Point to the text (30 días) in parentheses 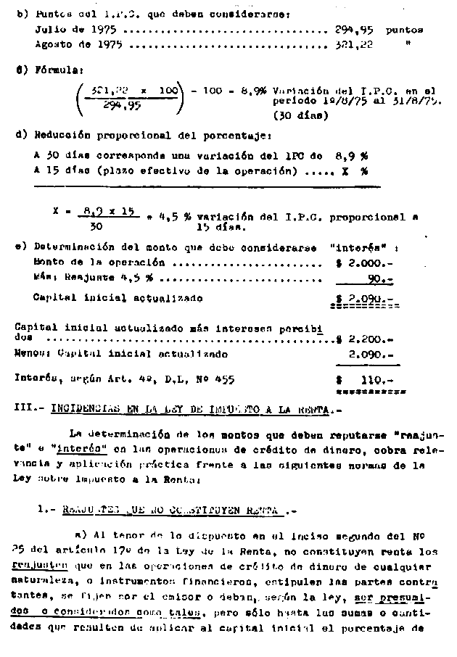click(x=299, y=115)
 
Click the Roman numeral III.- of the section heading click(x=29, y=408)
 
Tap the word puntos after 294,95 click(x=405, y=30)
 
